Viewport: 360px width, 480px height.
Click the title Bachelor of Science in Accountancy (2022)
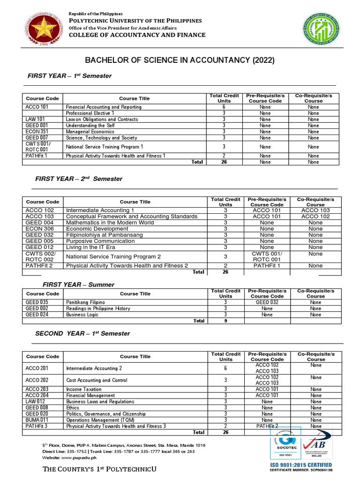pyautogui.click(x=179, y=60)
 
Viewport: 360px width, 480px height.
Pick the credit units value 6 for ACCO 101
pyautogui.click(x=224, y=107)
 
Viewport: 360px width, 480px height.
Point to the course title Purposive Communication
pyautogui.click(x=100, y=241)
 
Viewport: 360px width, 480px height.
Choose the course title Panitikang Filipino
pyautogui.click(x=86, y=302)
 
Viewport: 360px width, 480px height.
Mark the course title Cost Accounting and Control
pyautogui.click(x=97, y=380)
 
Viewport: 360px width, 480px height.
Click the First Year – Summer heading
pyautogui.click(x=78, y=285)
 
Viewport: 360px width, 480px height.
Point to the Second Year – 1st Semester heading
pyautogui.click(x=82, y=333)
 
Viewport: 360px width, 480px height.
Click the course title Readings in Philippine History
pyautogui.click(x=96, y=308)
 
